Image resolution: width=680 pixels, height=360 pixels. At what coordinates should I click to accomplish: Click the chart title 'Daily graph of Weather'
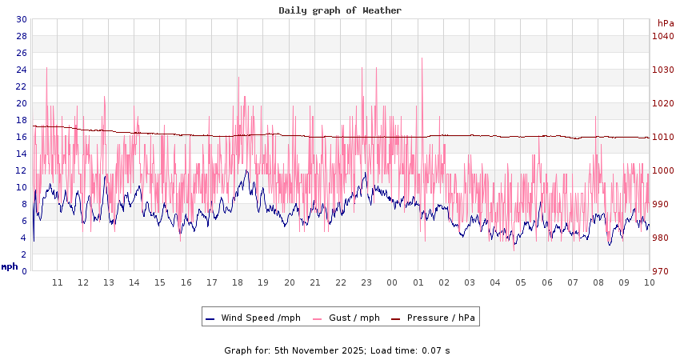click(340, 10)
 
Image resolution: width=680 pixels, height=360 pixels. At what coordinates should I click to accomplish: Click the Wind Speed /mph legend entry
click(253, 318)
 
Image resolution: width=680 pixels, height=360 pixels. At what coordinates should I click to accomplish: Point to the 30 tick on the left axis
click(22, 19)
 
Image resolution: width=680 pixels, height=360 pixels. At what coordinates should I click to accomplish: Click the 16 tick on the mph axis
click(22, 137)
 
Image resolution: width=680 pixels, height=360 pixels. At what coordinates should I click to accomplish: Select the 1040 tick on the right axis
click(662, 36)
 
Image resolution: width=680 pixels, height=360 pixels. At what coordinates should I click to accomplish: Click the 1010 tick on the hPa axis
click(662, 137)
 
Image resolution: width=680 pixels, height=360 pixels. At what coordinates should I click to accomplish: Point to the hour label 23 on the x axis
click(366, 282)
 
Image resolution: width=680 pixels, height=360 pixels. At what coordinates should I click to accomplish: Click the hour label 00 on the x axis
click(392, 282)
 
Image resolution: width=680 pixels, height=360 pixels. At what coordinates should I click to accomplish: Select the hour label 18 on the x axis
click(238, 282)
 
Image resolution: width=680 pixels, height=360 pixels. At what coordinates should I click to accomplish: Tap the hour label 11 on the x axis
click(58, 282)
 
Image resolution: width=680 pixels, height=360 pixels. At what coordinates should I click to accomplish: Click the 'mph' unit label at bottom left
click(10, 266)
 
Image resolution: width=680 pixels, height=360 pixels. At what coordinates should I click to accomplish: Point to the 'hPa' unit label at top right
click(666, 23)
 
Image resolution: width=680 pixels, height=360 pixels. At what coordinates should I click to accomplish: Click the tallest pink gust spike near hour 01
click(422, 59)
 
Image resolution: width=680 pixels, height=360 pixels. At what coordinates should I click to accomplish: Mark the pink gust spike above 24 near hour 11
click(47, 68)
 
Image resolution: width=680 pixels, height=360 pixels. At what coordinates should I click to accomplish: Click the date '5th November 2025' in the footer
click(319, 350)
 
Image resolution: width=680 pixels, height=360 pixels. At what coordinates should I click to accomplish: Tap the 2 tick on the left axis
click(24, 254)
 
